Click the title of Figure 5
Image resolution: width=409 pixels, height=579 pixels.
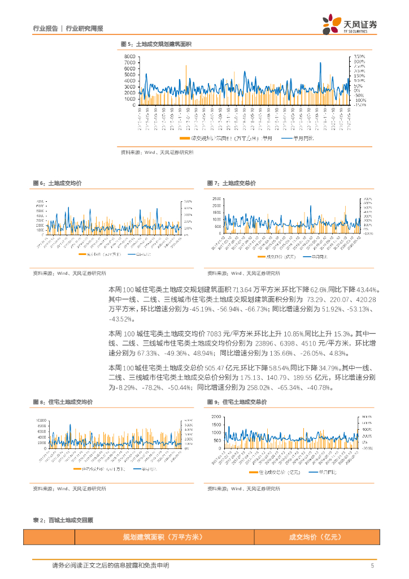[156, 44]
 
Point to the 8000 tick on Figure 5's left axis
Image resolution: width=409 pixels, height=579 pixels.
[129, 57]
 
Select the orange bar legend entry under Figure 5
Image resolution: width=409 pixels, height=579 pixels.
[226, 138]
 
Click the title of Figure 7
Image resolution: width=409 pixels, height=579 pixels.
[231, 183]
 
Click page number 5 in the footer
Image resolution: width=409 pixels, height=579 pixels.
[372, 565]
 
